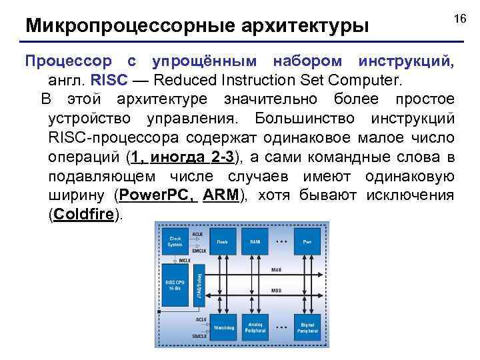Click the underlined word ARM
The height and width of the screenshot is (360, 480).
[222, 196]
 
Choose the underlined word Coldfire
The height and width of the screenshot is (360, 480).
[85, 215]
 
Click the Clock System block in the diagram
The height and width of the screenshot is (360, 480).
[175, 241]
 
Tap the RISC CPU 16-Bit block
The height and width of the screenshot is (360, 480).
[175, 285]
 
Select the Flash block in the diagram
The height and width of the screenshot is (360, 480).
[222, 241]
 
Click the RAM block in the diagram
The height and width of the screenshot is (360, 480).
[255, 241]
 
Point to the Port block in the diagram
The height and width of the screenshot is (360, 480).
[307, 241]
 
